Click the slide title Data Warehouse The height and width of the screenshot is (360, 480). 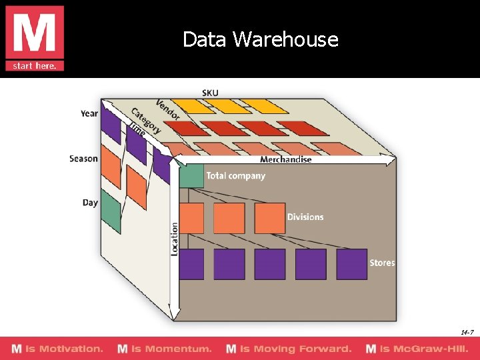(x=261, y=39)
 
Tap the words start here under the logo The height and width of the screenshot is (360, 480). (x=35, y=65)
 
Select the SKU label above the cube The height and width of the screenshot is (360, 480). (x=210, y=93)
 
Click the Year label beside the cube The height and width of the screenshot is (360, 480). (x=89, y=113)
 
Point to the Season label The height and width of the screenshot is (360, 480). (x=83, y=159)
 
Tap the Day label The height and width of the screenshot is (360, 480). (x=90, y=203)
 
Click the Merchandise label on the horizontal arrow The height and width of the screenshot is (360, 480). (x=285, y=160)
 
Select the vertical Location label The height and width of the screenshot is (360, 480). (x=175, y=239)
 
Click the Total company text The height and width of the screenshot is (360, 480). (x=236, y=176)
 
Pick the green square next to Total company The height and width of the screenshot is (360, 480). (x=192, y=176)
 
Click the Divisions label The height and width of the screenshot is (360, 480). (x=305, y=217)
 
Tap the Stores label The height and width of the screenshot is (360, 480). (x=382, y=263)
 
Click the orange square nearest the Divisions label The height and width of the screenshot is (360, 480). (x=269, y=218)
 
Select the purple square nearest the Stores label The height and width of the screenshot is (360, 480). (x=351, y=264)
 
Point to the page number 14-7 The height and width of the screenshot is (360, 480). (x=467, y=332)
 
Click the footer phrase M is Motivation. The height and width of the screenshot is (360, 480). (x=57, y=349)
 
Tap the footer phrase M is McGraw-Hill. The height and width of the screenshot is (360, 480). (x=417, y=349)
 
